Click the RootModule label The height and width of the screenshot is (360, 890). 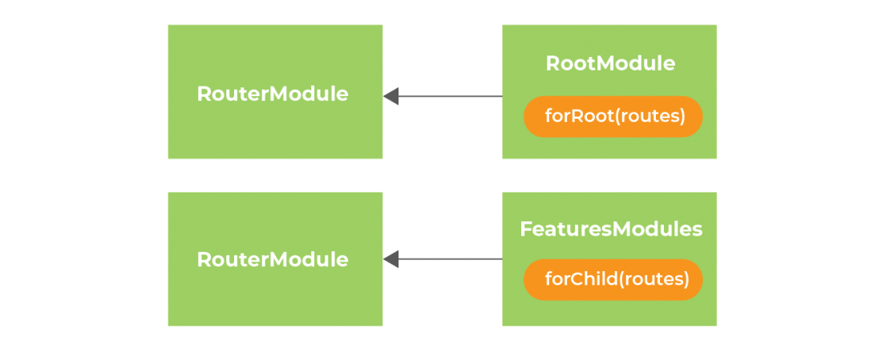click(610, 63)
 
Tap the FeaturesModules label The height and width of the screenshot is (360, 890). click(611, 229)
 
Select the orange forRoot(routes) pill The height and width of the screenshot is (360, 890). click(613, 116)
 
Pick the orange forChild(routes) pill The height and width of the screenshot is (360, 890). click(613, 279)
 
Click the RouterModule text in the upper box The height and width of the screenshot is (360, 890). click(273, 95)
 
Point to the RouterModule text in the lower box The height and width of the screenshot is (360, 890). click(273, 260)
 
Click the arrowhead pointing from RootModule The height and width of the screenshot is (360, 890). click(391, 96)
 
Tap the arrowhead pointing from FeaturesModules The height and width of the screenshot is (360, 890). click(391, 259)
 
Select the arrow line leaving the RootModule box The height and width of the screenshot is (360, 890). click(443, 96)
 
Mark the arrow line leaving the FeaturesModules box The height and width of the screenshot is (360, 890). click(443, 259)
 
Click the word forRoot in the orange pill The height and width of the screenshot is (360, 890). click(579, 116)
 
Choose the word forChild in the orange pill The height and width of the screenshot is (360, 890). click(581, 279)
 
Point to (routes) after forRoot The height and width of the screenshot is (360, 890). click(650, 117)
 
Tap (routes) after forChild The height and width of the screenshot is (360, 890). click(653, 279)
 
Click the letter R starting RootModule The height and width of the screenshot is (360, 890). click(553, 63)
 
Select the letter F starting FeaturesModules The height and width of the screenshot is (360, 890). click(526, 229)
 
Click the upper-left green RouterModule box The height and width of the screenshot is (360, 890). click(275, 91)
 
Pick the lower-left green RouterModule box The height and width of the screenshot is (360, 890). click(275, 259)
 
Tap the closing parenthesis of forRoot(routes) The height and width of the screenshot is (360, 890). click(683, 117)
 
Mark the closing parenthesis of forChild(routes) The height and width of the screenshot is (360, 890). click(686, 279)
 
